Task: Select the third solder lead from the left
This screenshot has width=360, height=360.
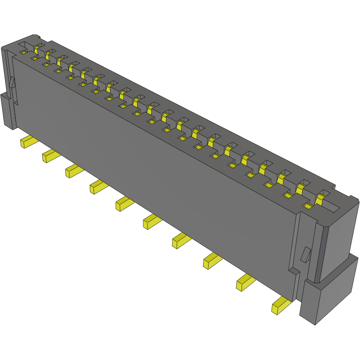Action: pyautogui.click(x=74, y=171)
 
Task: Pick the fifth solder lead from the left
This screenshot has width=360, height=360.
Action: pyautogui.click(x=125, y=203)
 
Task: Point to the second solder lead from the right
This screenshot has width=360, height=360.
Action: pyautogui.click(x=245, y=282)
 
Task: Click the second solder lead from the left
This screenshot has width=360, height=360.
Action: pyautogui.click(x=50, y=156)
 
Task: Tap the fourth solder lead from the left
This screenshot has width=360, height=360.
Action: pyautogui.click(x=98, y=187)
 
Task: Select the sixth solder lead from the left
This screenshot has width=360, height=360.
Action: pyautogui.click(x=152, y=220)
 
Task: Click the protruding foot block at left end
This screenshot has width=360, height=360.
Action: pyautogui.click(x=8, y=110)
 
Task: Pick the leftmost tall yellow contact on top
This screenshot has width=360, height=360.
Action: pyautogui.click(x=37, y=49)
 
